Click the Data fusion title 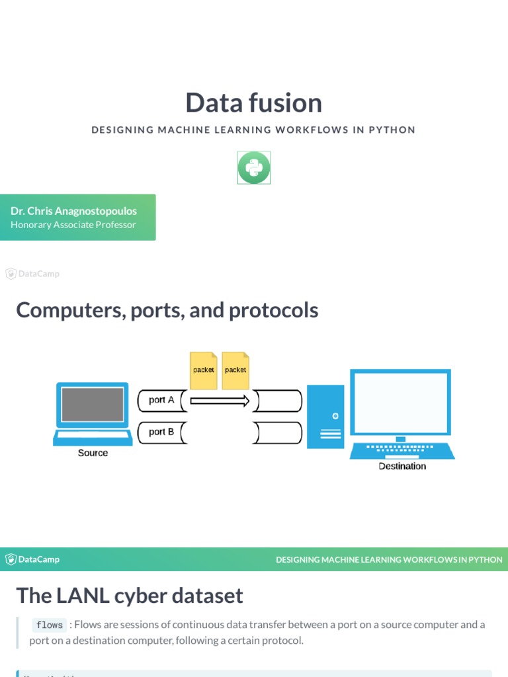click(x=253, y=103)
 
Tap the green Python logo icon click(x=254, y=167)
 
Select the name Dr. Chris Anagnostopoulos click(x=73, y=211)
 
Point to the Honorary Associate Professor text click(x=73, y=225)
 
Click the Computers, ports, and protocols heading click(x=167, y=310)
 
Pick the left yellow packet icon click(x=204, y=370)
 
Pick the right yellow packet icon click(x=235, y=370)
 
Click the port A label click(x=161, y=400)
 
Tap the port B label click(x=161, y=432)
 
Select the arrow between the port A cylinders click(x=220, y=400)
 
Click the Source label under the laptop click(x=93, y=453)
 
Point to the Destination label click(x=402, y=466)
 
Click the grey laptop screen click(x=93, y=404)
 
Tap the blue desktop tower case click(x=325, y=417)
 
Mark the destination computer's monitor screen click(x=400, y=401)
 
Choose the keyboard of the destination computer click(x=402, y=450)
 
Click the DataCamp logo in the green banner click(x=32, y=559)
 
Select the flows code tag click(x=50, y=625)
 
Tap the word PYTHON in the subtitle click(x=392, y=130)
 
